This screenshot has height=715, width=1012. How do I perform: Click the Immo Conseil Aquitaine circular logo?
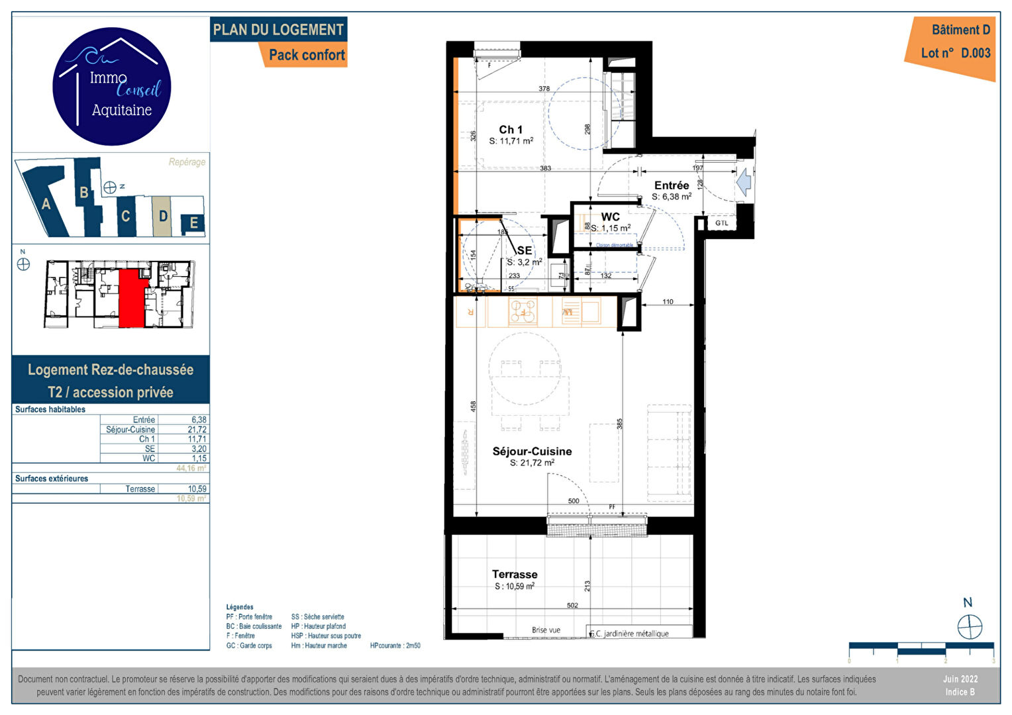pyautogui.click(x=111, y=87)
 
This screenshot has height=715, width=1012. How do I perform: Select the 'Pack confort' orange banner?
pyautogui.click(x=307, y=55)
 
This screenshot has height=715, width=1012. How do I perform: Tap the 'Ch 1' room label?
pyautogui.click(x=511, y=130)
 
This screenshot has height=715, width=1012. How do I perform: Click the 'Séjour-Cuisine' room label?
pyautogui.click(x=532, y=452)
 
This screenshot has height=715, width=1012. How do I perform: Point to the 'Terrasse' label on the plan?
pyautogui.click(x=515, y=575)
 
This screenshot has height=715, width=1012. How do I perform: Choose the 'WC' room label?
pyautogui.click(x=610, y=217)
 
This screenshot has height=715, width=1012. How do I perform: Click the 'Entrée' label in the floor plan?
pyautogui.click(x=672, y=185)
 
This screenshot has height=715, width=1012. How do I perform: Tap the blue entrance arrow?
pyautogui.click(x=744, y=181)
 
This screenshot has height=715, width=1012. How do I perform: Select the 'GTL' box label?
pyautogui.click(x=721, y=223)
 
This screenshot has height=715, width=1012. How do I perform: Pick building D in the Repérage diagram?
pyautogui.click(x=163, y=216)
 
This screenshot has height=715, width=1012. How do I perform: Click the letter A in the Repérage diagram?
pyautogui.click(x=46, y=205)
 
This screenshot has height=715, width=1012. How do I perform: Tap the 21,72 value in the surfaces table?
pyautogui.click(x=197, y=430)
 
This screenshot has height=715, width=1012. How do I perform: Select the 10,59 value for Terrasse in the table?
pyautogui.click(x=197, y=489)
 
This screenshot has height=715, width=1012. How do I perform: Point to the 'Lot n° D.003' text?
pyautogui.click(x=955, y=53)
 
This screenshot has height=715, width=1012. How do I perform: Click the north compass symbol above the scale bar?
pyautogui.click(x=970, y=626)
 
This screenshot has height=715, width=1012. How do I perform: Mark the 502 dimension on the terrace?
pyautogui.click(x=572, y=605)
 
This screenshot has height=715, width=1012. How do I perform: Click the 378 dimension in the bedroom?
pyautogui.click(x=544, y=89)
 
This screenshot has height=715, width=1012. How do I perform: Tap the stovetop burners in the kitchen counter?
pyautogui.click(x=523, y=311)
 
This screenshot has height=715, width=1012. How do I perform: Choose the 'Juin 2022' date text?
pyautogui.click(x=960, y=679)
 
